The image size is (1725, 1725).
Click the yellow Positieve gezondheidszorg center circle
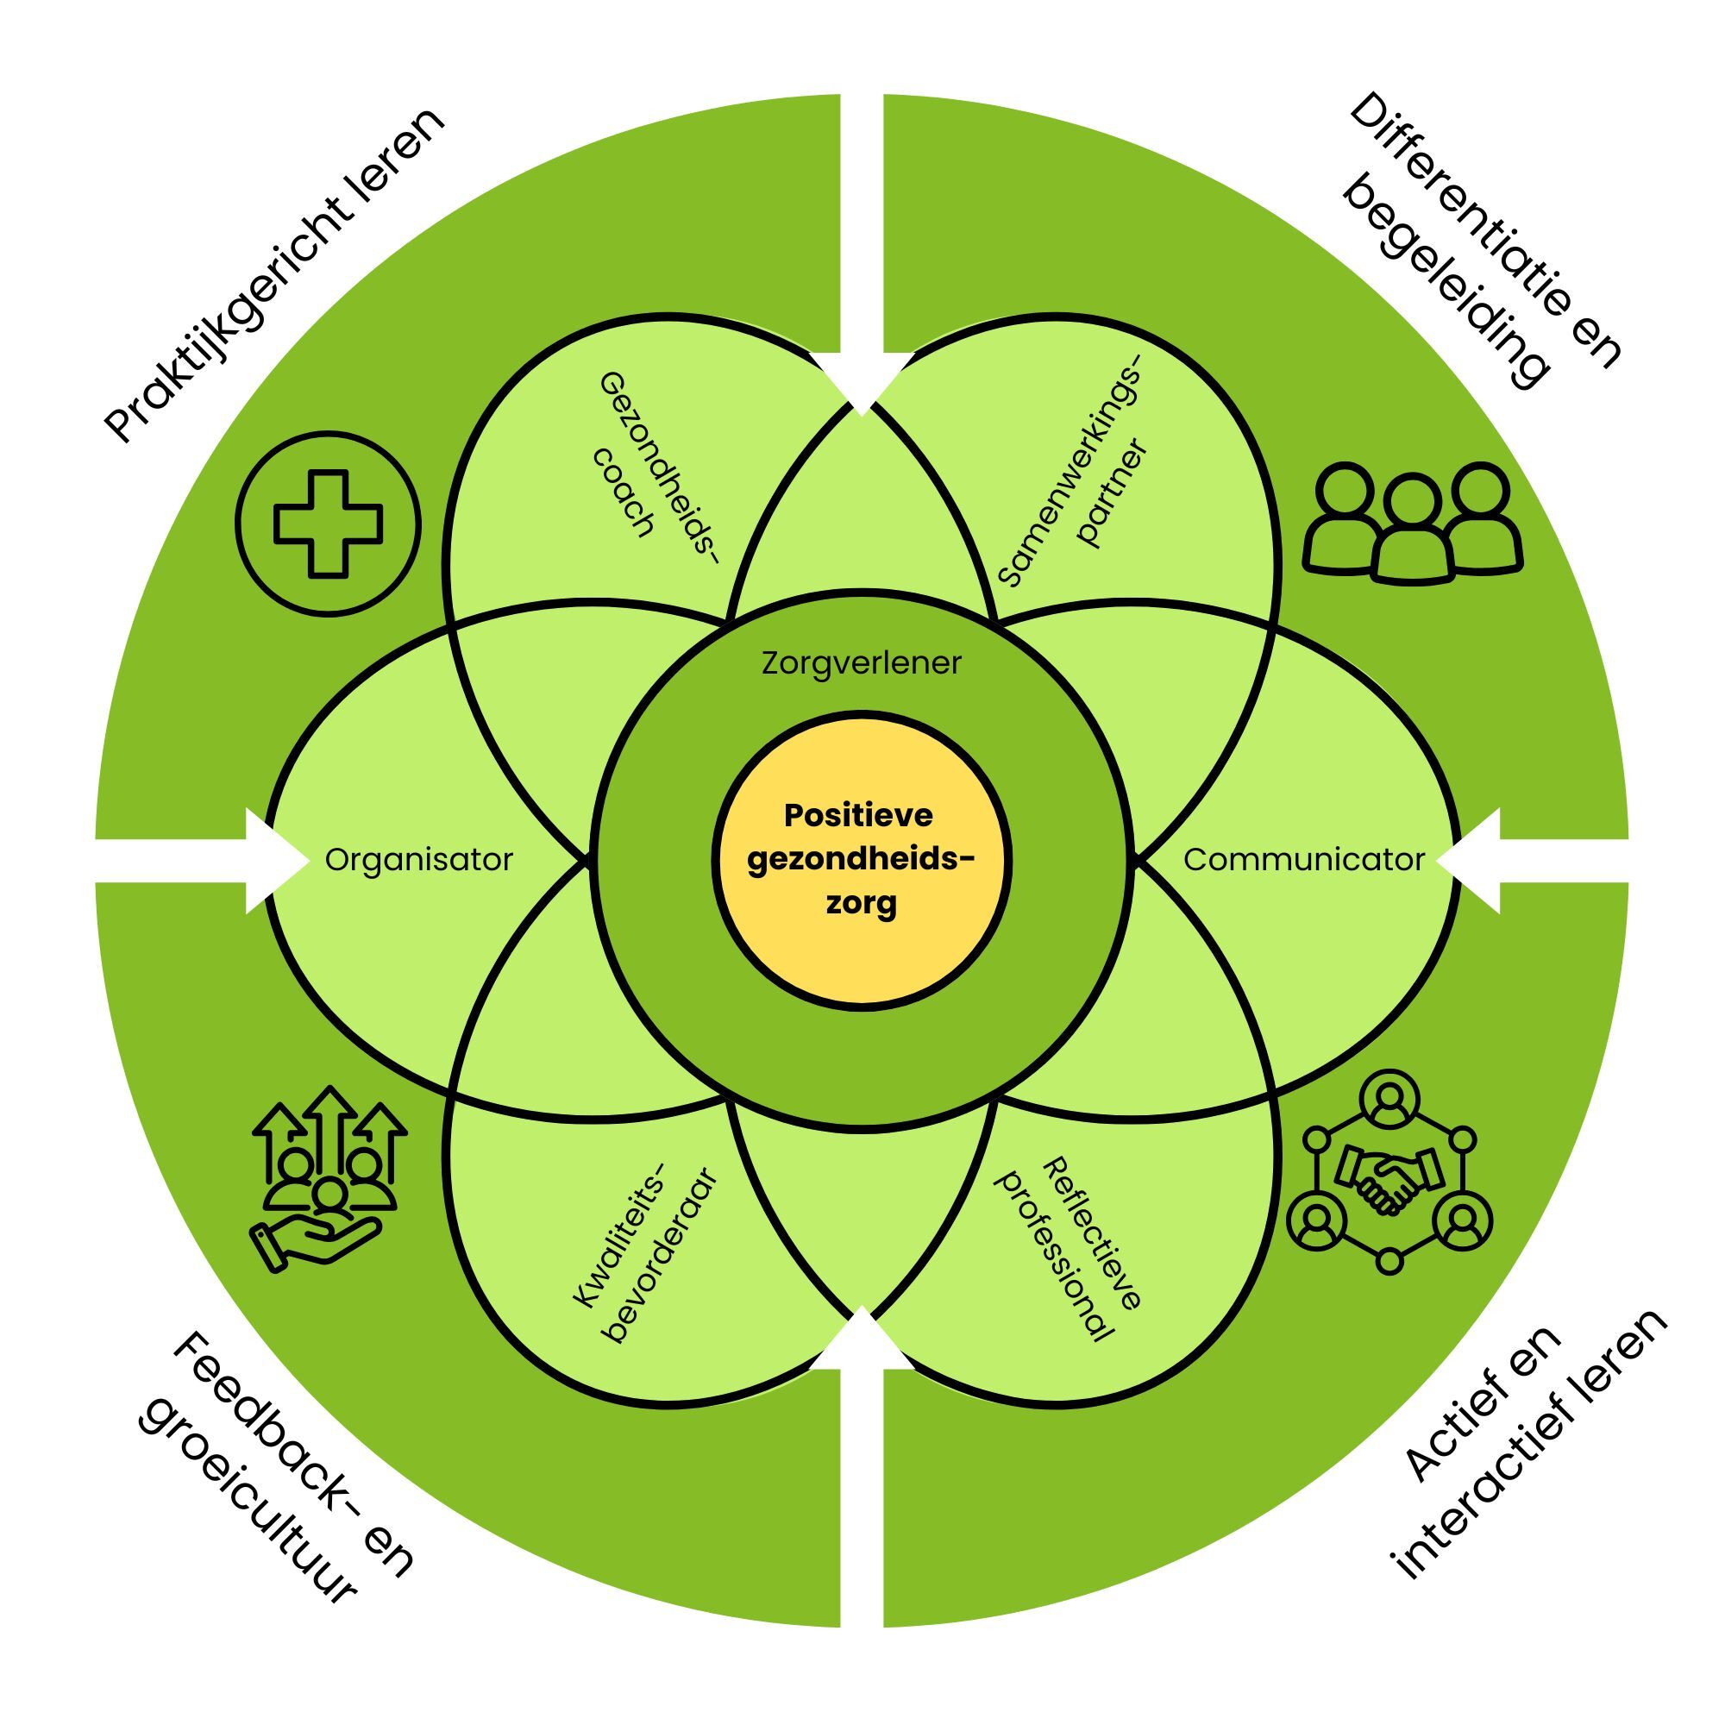pyautogui.click(x=862, y=860)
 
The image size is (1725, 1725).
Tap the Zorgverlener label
pyautogui.click(x=862, y=663)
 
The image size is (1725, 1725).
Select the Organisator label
pyautogui.click(x=419, y=860)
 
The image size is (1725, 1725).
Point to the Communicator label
pyautogui.click(x=1303, y=860)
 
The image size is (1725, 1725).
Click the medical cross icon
pyautogui.click(x=328, y=524)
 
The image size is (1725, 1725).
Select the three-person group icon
pyautogui.click(x=1413, y=523)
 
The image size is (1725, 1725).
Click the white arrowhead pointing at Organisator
pyautogui.click(x=273, y=861)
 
